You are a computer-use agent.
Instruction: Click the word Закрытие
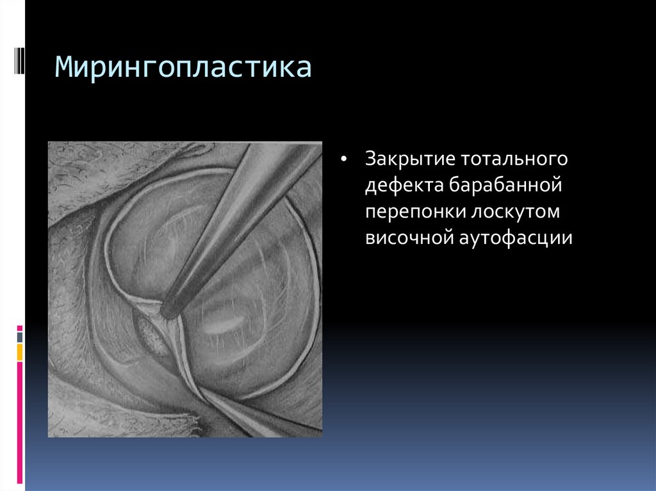pyautogui.click(x=401, y=158)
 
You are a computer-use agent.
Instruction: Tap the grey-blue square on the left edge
pyautogui.click(x=20, y=337)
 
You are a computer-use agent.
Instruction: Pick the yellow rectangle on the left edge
pyautogui.click(x=20, y=351)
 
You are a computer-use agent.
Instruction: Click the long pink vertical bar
pyautogui.click(x=20, y=422)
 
